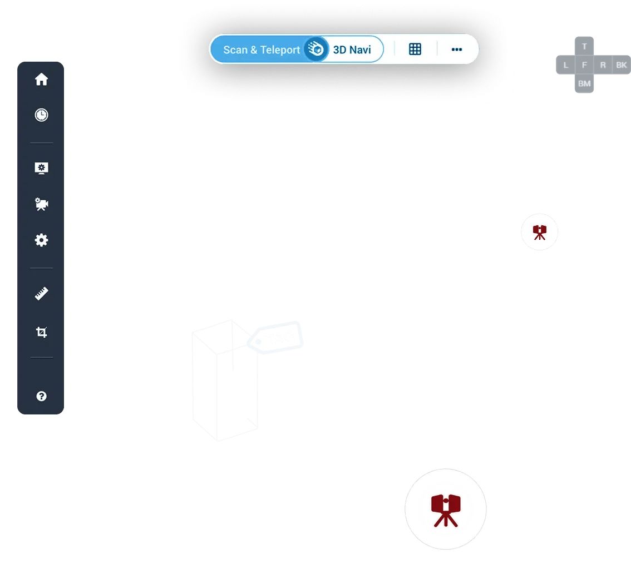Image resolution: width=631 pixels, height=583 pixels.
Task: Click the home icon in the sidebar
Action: [41, 80]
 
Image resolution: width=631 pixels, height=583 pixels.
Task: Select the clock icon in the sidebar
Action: [41, 115]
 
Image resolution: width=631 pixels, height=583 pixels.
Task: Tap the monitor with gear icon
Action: [41, 167]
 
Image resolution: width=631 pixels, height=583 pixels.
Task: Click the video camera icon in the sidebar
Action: [41, 204]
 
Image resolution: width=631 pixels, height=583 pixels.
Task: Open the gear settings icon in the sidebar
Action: [41, 240]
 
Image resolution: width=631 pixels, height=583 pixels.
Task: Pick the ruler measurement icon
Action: [41, 294]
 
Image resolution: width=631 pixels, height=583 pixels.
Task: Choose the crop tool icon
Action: [41, 333]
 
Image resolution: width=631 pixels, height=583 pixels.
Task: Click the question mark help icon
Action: [41, 396]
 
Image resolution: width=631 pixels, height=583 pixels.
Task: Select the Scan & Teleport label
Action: [261, 50]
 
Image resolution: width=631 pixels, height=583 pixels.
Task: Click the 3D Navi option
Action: [352, 50]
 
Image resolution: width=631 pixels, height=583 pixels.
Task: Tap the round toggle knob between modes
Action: [316, 50]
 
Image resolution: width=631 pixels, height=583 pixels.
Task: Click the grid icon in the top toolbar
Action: [415, 49]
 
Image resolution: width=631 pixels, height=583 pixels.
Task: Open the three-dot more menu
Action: [457, 49]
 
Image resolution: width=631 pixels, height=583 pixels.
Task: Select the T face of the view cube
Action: [584, 47]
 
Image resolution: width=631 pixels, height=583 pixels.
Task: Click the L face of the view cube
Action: [566, 65]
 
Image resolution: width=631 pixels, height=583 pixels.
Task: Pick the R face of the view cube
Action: [603, 65]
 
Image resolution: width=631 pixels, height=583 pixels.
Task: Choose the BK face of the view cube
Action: [622, 65]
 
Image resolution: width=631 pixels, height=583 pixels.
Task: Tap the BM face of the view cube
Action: [584, 83]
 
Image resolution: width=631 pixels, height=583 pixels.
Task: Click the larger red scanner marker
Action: [445, 509]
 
